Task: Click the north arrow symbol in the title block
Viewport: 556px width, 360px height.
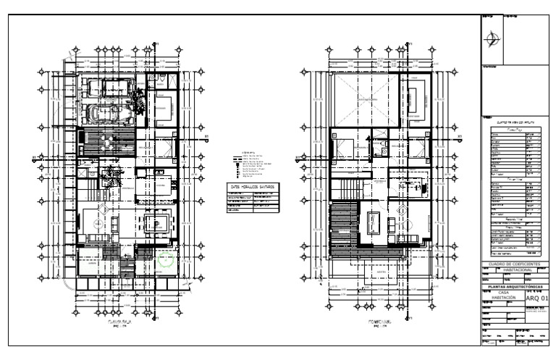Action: [494, 38]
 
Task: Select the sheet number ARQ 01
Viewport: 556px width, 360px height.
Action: [539, 296]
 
